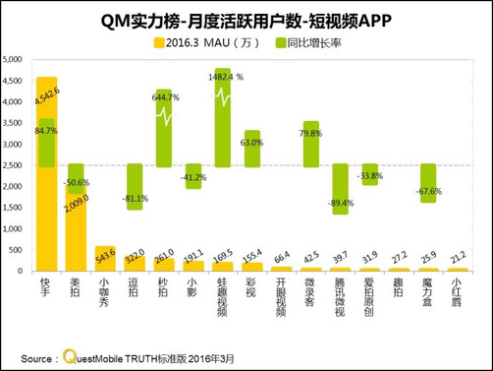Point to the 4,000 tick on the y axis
pos(16,99)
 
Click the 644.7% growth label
pos(166,97)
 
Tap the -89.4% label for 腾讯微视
pos(340,203)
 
